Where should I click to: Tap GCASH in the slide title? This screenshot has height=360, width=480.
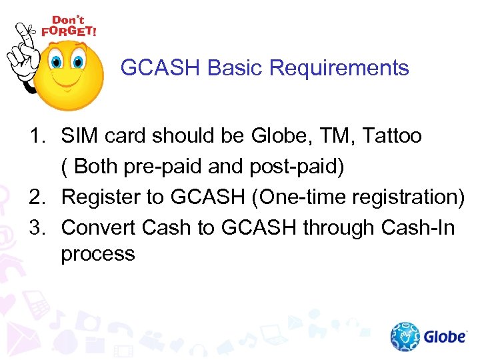161,68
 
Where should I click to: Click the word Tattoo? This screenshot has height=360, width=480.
392,137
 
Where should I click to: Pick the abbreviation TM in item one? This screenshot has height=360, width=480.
341,137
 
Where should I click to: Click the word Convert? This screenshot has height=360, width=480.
101,228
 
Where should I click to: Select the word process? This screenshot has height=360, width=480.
98,255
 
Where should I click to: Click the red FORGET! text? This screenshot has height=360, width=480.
69,31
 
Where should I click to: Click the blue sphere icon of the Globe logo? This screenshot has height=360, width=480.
404,337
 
